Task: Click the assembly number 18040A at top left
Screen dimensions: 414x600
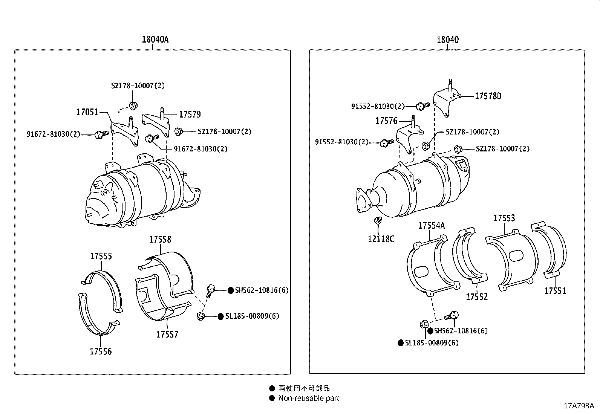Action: (x=155, y=40)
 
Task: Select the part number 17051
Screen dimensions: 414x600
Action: (x=87, y=112)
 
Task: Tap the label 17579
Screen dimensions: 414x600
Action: (x=190, y=114)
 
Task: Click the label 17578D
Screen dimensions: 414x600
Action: (x=488, y=96)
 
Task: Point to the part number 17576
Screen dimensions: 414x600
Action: (x=386, y=121)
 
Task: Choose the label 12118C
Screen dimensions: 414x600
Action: (x=381, y=239)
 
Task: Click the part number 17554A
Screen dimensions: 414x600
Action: (x=432, y=225)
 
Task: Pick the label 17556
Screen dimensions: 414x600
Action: (x=101, y=351)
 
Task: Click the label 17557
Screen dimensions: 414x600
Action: (x=167, y=334)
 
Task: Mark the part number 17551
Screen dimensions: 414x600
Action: (x=555, y=291)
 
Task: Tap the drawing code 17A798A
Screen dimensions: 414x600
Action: (x=579, y=406)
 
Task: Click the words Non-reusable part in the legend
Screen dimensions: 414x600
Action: (x=308, y=398)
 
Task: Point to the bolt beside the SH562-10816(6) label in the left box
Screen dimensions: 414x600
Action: (x=210, y=290)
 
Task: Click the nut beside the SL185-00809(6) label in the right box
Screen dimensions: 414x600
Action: (x=423, y=324)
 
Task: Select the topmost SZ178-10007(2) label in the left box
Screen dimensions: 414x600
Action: (x=138, y=86)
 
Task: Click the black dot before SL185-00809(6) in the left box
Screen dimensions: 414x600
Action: (x=220, y=316)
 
